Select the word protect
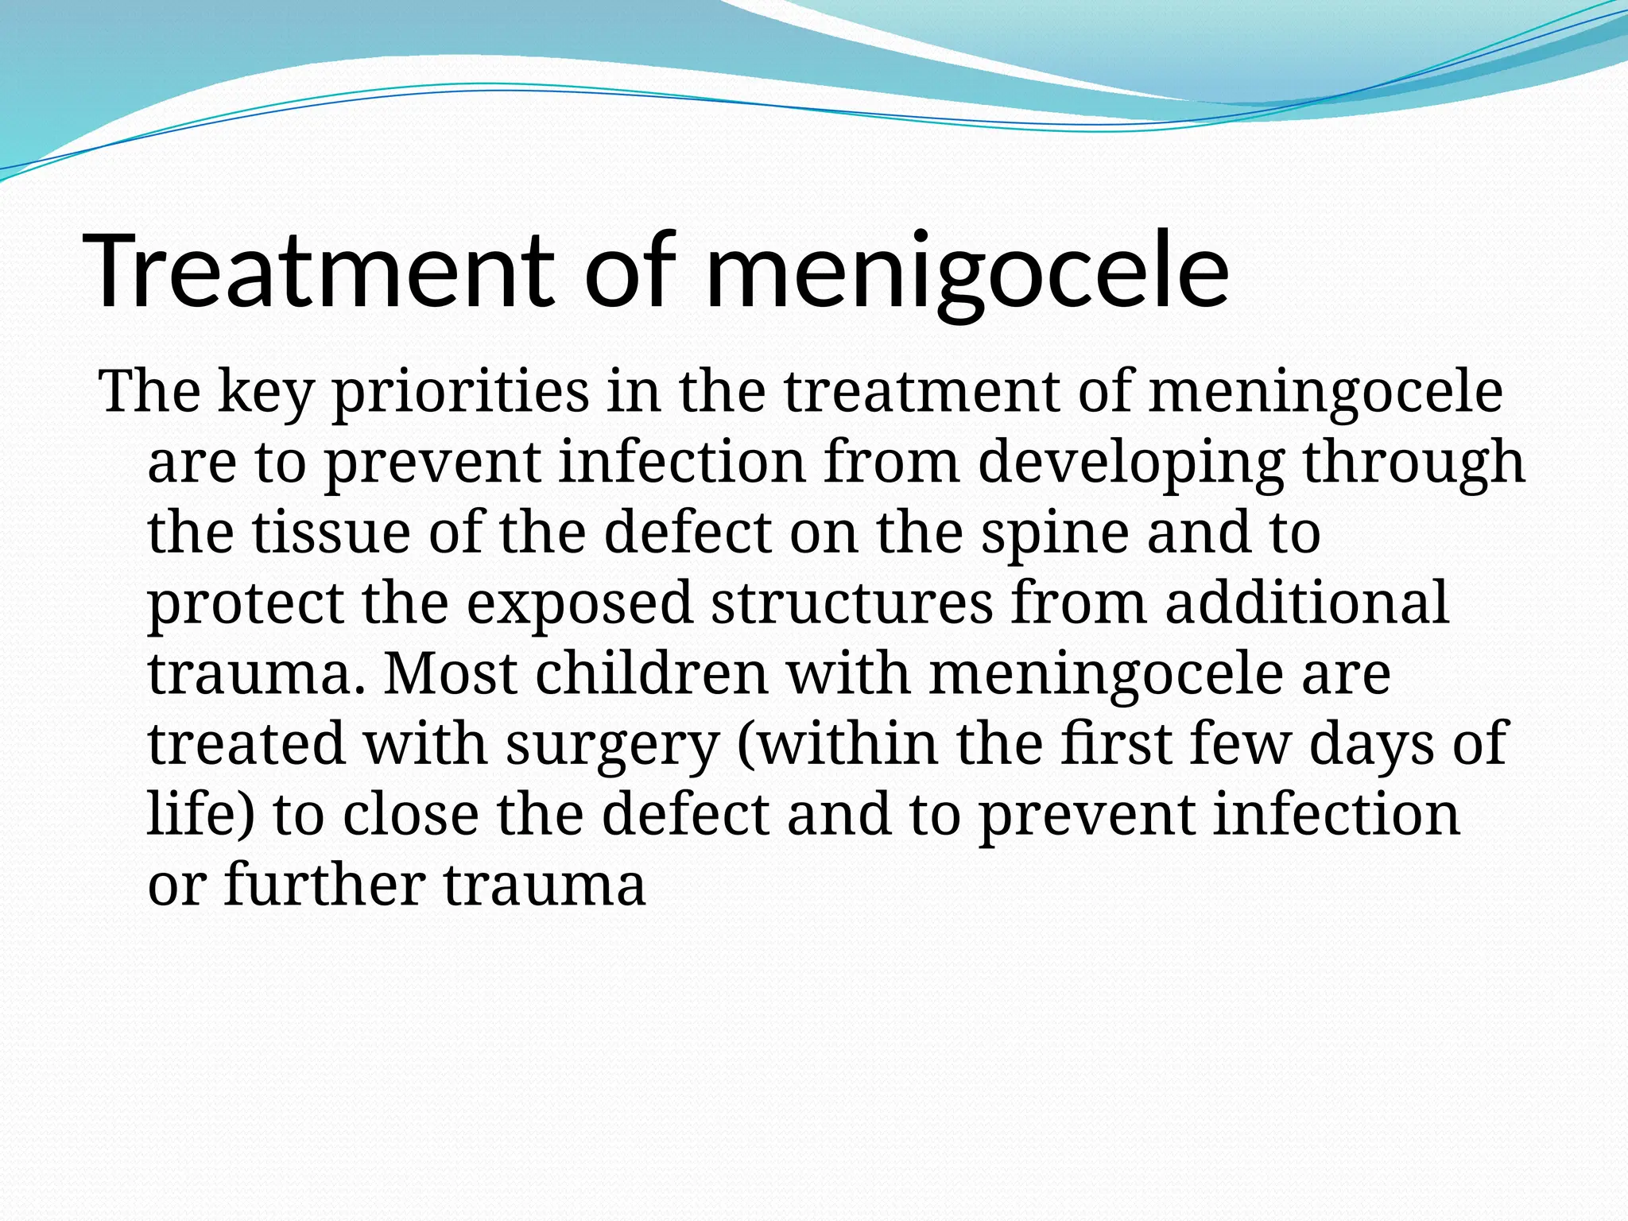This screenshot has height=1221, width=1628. coord(246,603)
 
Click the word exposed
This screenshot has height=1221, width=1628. coord(579,603)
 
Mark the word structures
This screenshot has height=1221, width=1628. coord(851,603)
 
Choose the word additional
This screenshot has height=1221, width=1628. coord(1307,603)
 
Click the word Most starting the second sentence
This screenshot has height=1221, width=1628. coord(450,674)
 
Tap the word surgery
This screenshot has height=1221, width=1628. coord(612,745)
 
